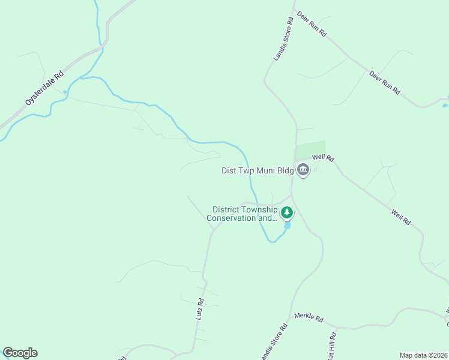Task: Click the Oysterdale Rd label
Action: pyautogui.click(x=44, y=89)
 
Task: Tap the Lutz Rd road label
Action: pyautogui.click(x=200, y=308)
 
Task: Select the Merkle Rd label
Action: pyautogui.click(x=309, y=317)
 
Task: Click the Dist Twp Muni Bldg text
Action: pyautogui.click(x=258, y=171)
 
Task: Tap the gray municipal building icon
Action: pyautogui.click(x=303, y=171)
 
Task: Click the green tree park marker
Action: pyautogui.click(x=288, y=212)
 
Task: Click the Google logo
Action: pyautogui.click(x=20, y=353)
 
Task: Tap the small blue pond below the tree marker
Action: pyautogui.click(x=288, y=226)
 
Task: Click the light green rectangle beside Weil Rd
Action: pyautogui.click(x=311, y=149)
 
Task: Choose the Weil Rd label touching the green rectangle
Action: pyautogui.click(x=323, y=158)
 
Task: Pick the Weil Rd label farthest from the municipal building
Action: pyautogui.click(x=400, y=217)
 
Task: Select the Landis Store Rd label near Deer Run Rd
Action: pyautogui.click(x=283, y=39)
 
